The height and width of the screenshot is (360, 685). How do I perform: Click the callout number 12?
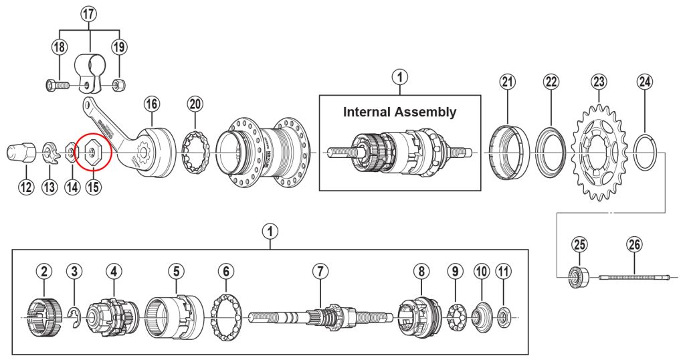click(25, 187)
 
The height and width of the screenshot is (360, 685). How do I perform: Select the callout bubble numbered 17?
click(89, 14)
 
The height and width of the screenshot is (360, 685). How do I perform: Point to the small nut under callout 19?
click(118, 85)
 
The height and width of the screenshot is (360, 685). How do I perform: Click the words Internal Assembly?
click(399, 112)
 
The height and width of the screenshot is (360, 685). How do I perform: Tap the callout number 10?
click(481, 271)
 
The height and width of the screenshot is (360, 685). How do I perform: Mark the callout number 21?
click(508, 82)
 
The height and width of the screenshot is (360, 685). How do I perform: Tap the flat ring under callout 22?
click(550, 155)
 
